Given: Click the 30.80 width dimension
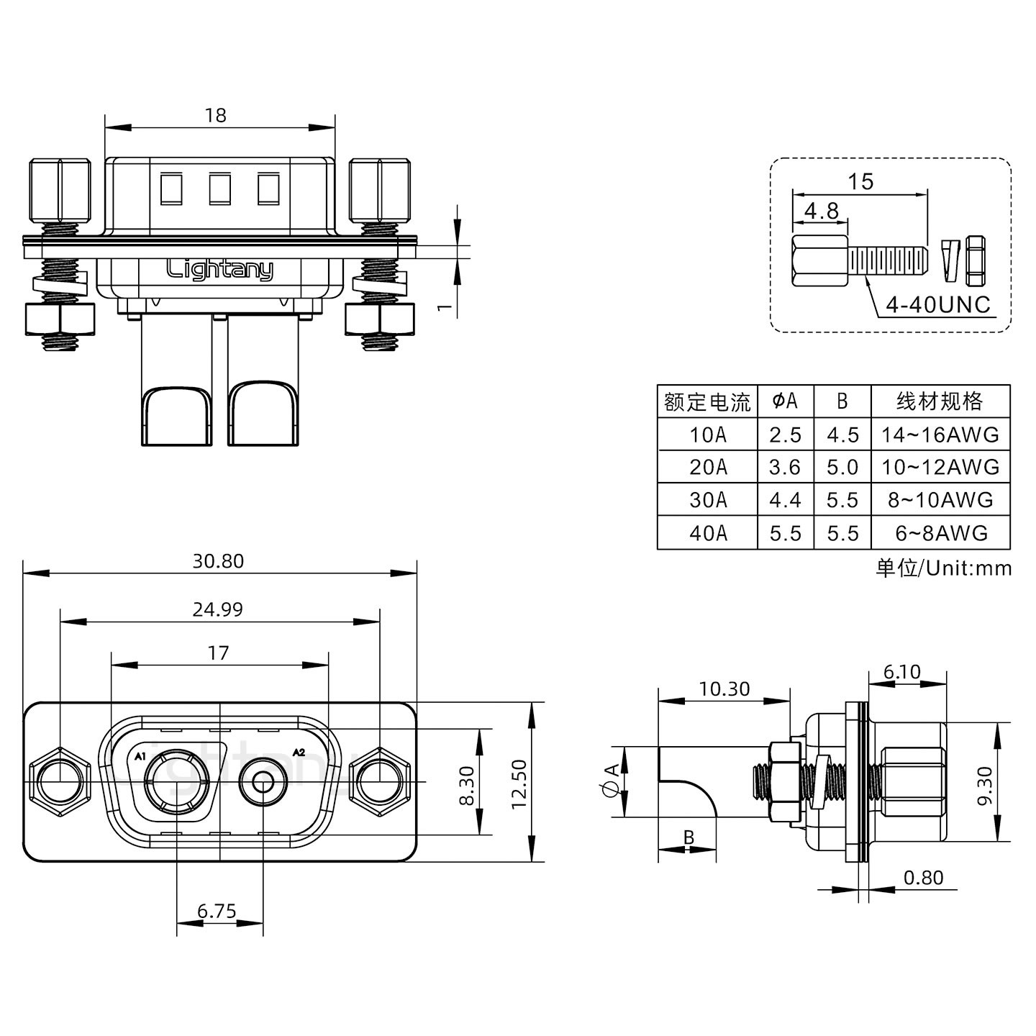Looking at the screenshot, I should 218,561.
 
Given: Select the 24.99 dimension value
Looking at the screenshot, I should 218,609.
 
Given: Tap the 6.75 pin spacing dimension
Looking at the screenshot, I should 217,912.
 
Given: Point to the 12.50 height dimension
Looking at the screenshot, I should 519,783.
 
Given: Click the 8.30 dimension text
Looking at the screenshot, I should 466,786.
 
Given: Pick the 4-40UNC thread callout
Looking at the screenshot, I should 937,305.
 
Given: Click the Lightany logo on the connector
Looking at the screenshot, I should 219,271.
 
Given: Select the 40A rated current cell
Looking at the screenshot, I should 708,533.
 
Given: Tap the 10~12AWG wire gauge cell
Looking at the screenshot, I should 940,467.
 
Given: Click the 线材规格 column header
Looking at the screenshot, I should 940,401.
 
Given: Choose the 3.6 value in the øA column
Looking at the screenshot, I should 784,467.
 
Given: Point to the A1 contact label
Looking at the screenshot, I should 140,756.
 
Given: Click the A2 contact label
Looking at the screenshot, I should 299,753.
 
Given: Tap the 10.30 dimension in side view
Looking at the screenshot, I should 724,689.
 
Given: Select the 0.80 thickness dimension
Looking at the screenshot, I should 923,878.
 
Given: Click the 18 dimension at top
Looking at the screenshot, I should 215,115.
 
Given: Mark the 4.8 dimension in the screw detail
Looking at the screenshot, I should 821,211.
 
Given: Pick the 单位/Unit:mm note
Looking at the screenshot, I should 943,568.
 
